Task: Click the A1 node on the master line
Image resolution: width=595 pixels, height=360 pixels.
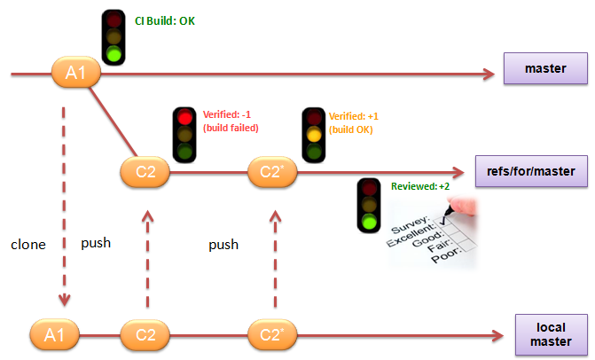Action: click(74, 73)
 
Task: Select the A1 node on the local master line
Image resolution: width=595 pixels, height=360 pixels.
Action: click(54, 335)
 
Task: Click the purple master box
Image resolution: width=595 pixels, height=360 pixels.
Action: click(544, 68)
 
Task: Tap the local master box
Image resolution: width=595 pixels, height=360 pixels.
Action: click(551, 333)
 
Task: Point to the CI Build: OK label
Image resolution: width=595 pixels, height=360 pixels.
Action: click(163, 20)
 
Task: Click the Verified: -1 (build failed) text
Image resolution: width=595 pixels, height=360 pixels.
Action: click(230, 121)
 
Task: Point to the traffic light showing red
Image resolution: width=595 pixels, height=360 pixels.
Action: click(185, 135)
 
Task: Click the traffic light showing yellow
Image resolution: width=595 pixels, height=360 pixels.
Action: click(313, 135)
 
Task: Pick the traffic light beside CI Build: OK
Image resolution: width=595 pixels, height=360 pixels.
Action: click(114, 37)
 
